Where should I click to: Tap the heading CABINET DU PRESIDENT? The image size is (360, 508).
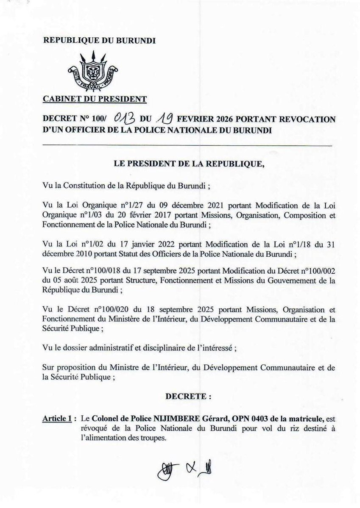click(95, 100)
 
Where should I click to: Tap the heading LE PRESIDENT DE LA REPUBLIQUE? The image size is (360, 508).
click(189, 165)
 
